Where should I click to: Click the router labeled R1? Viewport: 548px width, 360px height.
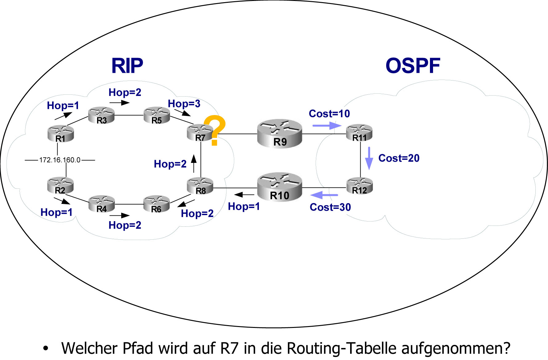[x=61, y=133]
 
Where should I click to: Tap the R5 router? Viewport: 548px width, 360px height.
[x=157, y=115]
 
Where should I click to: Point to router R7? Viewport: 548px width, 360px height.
[x=200, y=133]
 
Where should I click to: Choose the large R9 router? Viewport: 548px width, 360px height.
[x=280, y=134]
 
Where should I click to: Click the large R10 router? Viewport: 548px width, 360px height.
[x=280, y=187]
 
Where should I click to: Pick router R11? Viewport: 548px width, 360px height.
[x=359, y=133]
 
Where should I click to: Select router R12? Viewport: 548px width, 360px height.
[x=360, y=186]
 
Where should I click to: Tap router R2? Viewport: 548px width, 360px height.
[x=60, y=186]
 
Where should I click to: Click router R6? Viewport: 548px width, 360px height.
[x=157, y=204]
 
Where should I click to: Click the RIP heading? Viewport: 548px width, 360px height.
[x=127, y=66]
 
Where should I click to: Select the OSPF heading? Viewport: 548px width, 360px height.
[x=413, y=66]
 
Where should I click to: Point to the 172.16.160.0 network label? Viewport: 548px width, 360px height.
[x=60, y=160]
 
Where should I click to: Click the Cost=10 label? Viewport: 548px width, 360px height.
[x=329, y=114]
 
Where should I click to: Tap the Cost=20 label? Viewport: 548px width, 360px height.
[x=399, y=158]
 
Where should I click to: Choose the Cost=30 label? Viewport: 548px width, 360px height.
[x=330, y=207]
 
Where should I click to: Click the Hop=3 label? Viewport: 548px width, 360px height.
[x=184, y=104]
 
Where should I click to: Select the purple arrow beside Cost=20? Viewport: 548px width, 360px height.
[x=369, y=158]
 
